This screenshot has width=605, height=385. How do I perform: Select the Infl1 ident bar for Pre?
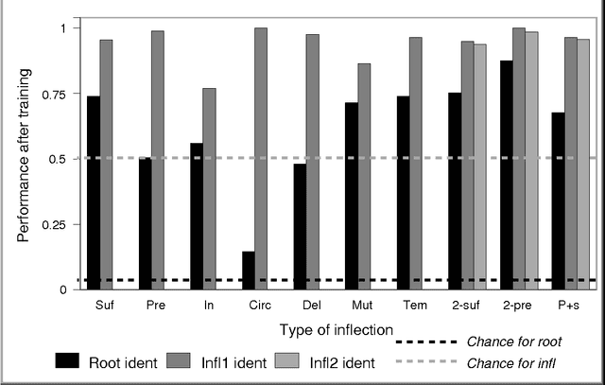pyautogui.click(x=158, y=160)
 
